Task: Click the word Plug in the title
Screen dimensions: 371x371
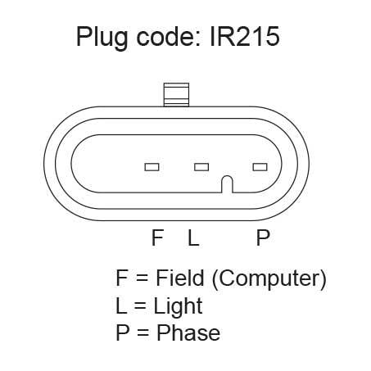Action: tap(102, 38)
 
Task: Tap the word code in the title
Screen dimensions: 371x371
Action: tap(169, 36)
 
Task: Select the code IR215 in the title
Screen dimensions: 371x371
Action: tap(245, 37)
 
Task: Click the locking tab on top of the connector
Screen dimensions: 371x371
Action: tap(176, 95)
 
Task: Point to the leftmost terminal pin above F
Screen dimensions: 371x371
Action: tap(152, 167)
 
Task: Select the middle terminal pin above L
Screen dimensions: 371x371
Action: tap(201, 167)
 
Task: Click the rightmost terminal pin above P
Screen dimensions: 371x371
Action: tap(260, 167)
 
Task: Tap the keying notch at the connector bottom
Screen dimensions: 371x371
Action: tap(227, 184)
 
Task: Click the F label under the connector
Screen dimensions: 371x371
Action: tap(157, 238)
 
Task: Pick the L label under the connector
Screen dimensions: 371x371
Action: tap(193, 238)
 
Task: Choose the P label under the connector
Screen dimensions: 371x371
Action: tap(263, 238)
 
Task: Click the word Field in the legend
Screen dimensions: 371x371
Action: tap(180, 278)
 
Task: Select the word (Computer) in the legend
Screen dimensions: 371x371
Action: tap(269, 279)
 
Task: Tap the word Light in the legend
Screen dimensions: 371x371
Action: tap(178, 307)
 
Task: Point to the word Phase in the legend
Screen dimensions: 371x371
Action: tap(188, 333)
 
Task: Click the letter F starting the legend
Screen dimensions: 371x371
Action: tap(122, 278)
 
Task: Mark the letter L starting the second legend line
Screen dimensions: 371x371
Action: tap(121, 305)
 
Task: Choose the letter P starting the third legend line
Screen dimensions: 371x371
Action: tap(123, 333)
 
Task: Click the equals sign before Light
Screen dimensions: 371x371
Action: tap(140, 306)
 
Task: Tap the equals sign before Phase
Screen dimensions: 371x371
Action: tap(143, 333)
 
